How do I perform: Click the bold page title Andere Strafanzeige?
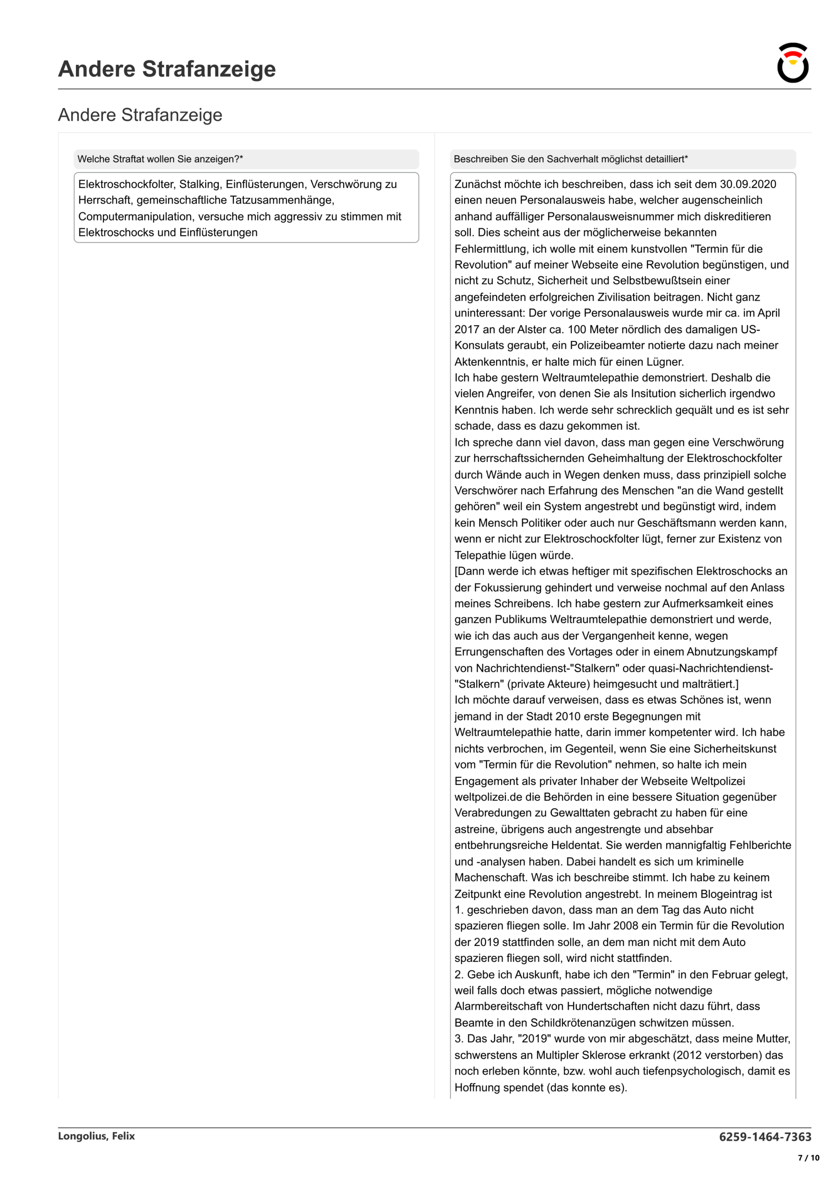(x=167, y=69)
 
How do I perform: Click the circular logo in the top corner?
(x=793, y=63)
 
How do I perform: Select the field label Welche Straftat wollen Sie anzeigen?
(x=160, y=159)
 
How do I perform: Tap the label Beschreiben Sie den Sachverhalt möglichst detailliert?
(x=570, y=159)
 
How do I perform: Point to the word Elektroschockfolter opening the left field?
(x=126, y=184)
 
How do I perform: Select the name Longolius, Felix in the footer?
(x=97, y=1136)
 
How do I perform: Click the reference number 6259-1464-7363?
(x=765, y=1137)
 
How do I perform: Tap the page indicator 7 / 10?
(x=808, y=1158)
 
